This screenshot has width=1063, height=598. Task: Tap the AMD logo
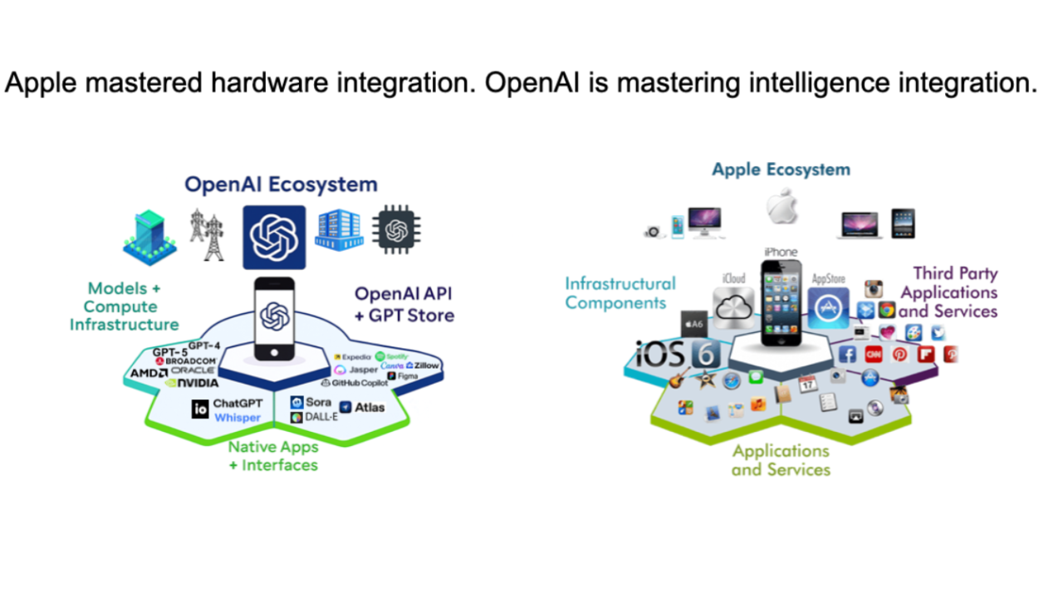[149, 372]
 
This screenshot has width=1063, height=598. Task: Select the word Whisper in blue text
[238, 418]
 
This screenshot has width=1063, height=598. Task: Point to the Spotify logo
[392, 356]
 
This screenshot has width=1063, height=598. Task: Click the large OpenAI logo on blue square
[274, 238]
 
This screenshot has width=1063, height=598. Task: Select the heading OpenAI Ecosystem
[281, 184]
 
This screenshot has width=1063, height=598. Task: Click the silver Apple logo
[781, 207]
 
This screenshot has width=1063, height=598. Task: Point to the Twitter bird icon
[938, 333]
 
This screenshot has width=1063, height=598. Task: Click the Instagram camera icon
[873, 289]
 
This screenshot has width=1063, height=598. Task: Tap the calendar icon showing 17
[807, 384]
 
